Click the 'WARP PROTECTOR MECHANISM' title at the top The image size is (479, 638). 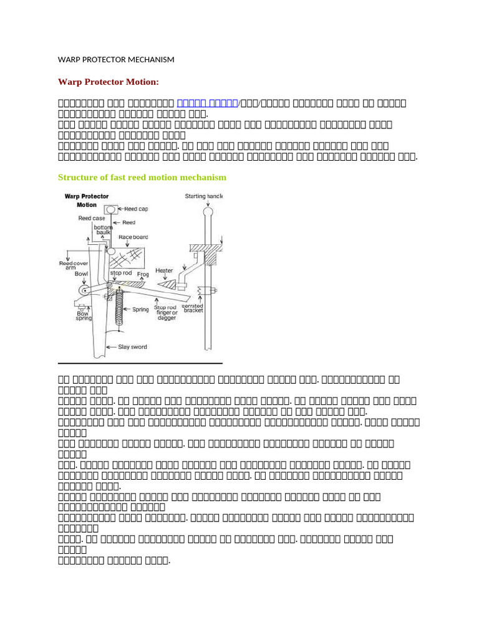click(x=116, y=60)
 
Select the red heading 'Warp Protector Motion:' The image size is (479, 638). click(x=100, y=82)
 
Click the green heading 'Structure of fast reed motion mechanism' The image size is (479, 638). click(x=142, y=178)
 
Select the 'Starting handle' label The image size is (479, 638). click(x=203, y=197)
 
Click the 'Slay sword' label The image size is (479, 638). click(x=132, y=346)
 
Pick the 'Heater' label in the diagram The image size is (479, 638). click(x=164, y=271)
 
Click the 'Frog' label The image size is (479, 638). click(x=143, y=274)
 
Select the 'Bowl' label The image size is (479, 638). click(x=81, y=274)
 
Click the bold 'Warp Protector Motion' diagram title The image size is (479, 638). click(x=86, y=200)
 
